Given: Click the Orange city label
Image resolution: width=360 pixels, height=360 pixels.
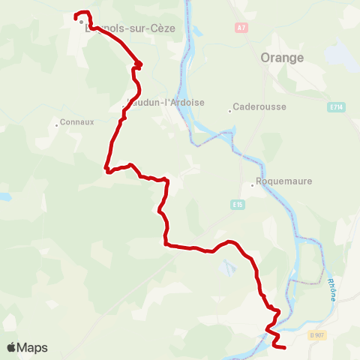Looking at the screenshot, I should (282, 58).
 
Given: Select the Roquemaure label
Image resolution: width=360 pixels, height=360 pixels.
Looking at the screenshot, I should (283, 181).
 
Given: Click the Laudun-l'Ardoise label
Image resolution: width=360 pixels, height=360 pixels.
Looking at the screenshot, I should (166, 103).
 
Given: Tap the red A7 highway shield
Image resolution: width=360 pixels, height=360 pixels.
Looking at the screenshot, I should (241, 28).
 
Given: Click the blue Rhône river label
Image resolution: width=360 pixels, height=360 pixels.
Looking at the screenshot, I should (331, 289).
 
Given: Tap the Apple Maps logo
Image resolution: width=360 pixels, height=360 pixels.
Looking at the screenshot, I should (27, 347).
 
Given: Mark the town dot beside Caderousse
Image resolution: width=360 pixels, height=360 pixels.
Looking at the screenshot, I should (230, 111).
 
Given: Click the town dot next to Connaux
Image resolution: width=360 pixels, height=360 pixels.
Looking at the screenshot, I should (57, 125).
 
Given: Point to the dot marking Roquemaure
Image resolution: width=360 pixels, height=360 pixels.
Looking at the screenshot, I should (252, 186).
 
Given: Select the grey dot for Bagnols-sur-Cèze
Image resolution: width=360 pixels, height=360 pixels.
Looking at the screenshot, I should (82, 22).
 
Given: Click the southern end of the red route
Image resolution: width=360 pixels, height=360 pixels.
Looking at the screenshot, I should (285, 346).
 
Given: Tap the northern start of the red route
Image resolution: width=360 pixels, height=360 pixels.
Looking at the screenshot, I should (76, 16).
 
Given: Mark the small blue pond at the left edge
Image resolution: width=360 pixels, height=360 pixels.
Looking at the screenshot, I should (4, 196).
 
